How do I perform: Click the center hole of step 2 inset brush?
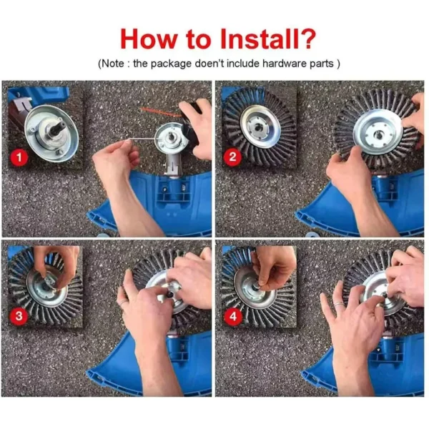(x=255, y=128)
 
